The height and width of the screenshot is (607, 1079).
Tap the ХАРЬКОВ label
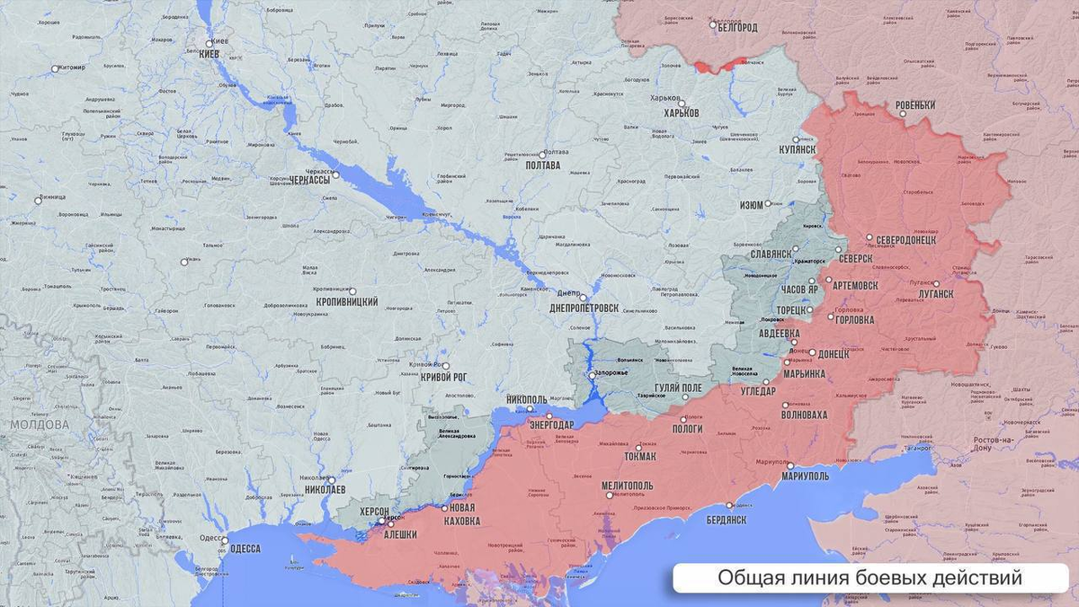(681, 113)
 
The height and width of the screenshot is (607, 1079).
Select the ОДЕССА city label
(244, 549)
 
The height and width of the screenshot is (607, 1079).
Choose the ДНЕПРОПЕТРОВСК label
(584, 308)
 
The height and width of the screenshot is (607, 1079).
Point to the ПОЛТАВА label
(542, 165)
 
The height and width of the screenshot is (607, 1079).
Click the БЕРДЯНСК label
(726, 520)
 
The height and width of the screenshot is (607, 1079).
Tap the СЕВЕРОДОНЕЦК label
(906, 240)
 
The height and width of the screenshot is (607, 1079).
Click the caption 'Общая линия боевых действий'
(869, 577)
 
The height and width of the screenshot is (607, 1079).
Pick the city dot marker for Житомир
(55, 68)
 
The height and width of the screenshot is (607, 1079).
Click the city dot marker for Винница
(38, 201)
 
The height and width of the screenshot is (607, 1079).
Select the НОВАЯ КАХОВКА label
(461, 515)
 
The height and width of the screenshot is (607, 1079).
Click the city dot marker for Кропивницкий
(352, 291)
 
